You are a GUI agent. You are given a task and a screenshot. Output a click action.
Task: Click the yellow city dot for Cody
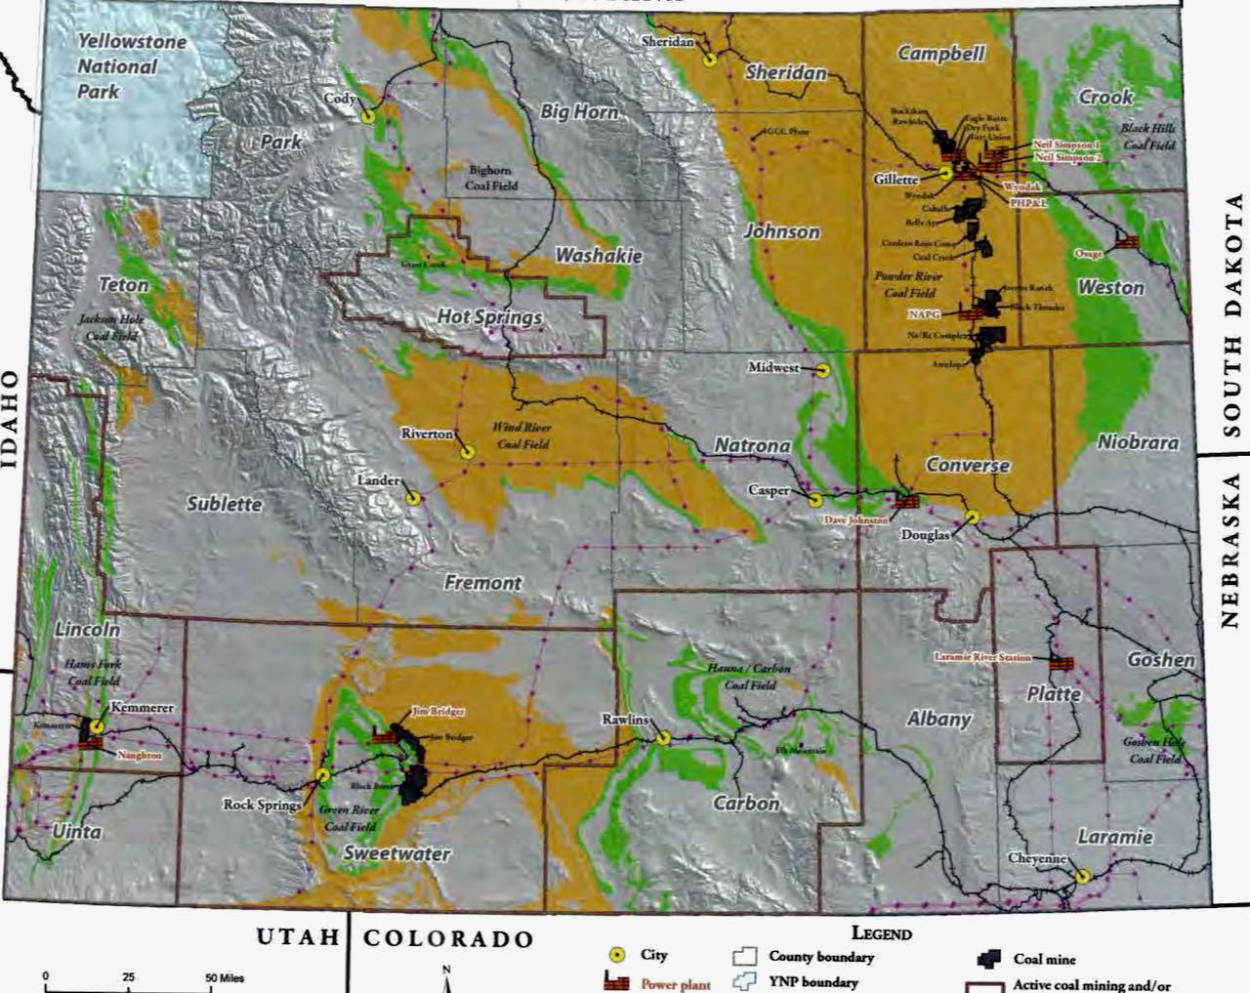pyautogui.click(x=368, y=115)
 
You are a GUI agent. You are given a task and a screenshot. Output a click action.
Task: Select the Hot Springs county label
pyautogui.click(x=488, y=317)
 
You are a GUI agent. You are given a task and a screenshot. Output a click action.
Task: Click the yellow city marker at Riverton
pyautogui.click(x=467, y=452)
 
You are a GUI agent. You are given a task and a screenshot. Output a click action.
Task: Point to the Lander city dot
pyautogui.click(x=413, y=496)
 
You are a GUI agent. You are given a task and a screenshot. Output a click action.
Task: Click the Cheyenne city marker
pyautogui.click(x=1082, y=876)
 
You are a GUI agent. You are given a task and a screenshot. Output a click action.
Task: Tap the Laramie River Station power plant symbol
pyautogui.click(x=1061, y=663)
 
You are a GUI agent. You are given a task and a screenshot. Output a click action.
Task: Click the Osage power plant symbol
pyautogui.click(x=1128, y=241)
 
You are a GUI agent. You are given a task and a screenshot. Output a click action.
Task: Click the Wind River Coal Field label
pyautogui.click(x=521, y=435)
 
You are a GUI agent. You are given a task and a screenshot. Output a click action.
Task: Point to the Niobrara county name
pyautogui.click(x=1138, y=442)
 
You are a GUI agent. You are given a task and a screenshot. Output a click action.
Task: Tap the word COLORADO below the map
pyautogui.click(x=448, y=939)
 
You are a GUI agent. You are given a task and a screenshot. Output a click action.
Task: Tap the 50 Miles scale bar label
pyautogui.click(x=225, y=977)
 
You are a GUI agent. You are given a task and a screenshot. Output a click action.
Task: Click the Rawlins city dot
pyautogui.click(x=663, y=737)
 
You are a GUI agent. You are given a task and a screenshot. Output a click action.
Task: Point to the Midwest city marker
pyautogui.click(x=822, y=370)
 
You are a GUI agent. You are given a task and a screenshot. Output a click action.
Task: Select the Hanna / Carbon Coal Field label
pyautogui.click(x=749, y=677)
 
